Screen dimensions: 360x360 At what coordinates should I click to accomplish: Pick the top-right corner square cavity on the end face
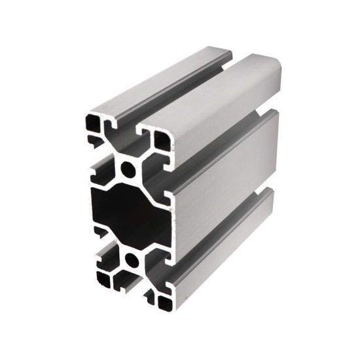click(161, 141)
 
